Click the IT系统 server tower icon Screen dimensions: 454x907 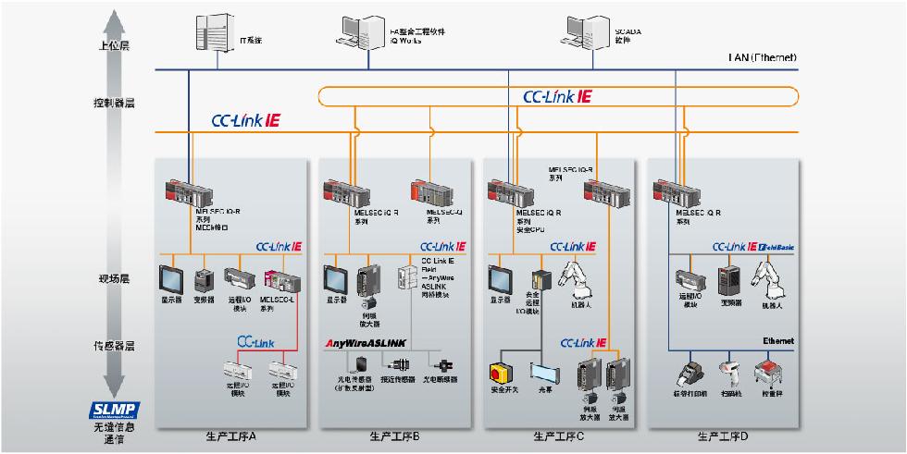[211, 33]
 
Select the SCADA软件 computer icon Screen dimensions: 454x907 [581, 31]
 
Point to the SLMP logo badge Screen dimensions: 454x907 [114, 411]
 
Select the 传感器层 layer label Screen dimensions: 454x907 [114, 346]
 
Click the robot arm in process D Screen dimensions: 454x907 [767, 279]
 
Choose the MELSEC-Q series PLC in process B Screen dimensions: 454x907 [439, 192]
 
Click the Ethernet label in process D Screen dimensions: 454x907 [778, 341]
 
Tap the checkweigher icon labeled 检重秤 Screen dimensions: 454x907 [772, 373]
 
